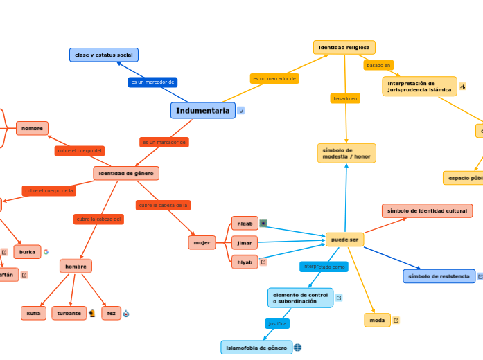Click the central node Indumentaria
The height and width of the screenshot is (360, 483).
[202, 111]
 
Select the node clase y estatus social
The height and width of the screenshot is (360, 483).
[104, 55]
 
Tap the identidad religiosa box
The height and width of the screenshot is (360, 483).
[344, 47]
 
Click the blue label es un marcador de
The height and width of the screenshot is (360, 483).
[152, 82]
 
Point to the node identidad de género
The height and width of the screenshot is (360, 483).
[126, 173]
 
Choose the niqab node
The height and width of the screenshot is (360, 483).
[245, 223]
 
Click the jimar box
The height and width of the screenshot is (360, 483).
[245, 243]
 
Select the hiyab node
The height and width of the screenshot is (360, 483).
[245, 262]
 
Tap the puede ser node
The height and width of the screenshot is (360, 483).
[344, 240]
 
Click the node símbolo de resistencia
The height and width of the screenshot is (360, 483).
[439, 276]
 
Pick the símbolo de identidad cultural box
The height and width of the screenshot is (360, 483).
[427, 210]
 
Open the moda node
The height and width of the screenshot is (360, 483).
[377, 320]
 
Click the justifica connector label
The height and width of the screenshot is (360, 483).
[277, 323]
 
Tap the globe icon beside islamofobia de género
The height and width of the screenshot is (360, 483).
[298, 348]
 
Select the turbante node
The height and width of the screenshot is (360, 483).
[69, 313]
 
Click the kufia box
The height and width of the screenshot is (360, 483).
[33, 313]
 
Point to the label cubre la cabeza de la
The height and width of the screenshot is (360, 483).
[163, 205]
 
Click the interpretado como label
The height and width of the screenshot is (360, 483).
[324, 267]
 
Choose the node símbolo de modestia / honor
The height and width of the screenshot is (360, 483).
[346, 153]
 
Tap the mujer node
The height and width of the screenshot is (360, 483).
[202, 242]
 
